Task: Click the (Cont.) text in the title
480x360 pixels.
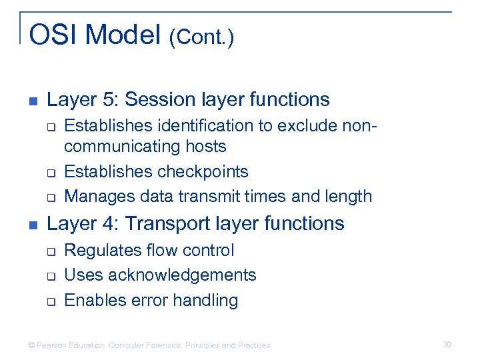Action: (201, 37)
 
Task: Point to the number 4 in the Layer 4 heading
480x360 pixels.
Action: (107, 223)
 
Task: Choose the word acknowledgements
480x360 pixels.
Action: (182, 275)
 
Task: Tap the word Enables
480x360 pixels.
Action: (90, 301)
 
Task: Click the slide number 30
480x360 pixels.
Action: (447, 345)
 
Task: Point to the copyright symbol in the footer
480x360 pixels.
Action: (31, 345)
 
